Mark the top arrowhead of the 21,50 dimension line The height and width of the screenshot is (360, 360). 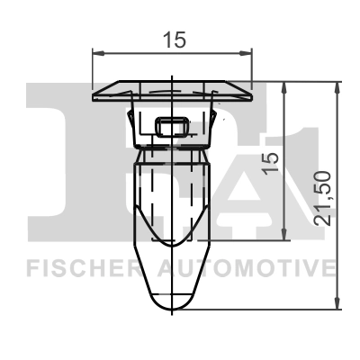338,87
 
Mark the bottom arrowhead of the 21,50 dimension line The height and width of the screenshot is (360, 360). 338,304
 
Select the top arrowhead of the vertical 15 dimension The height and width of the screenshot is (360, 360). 285,87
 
